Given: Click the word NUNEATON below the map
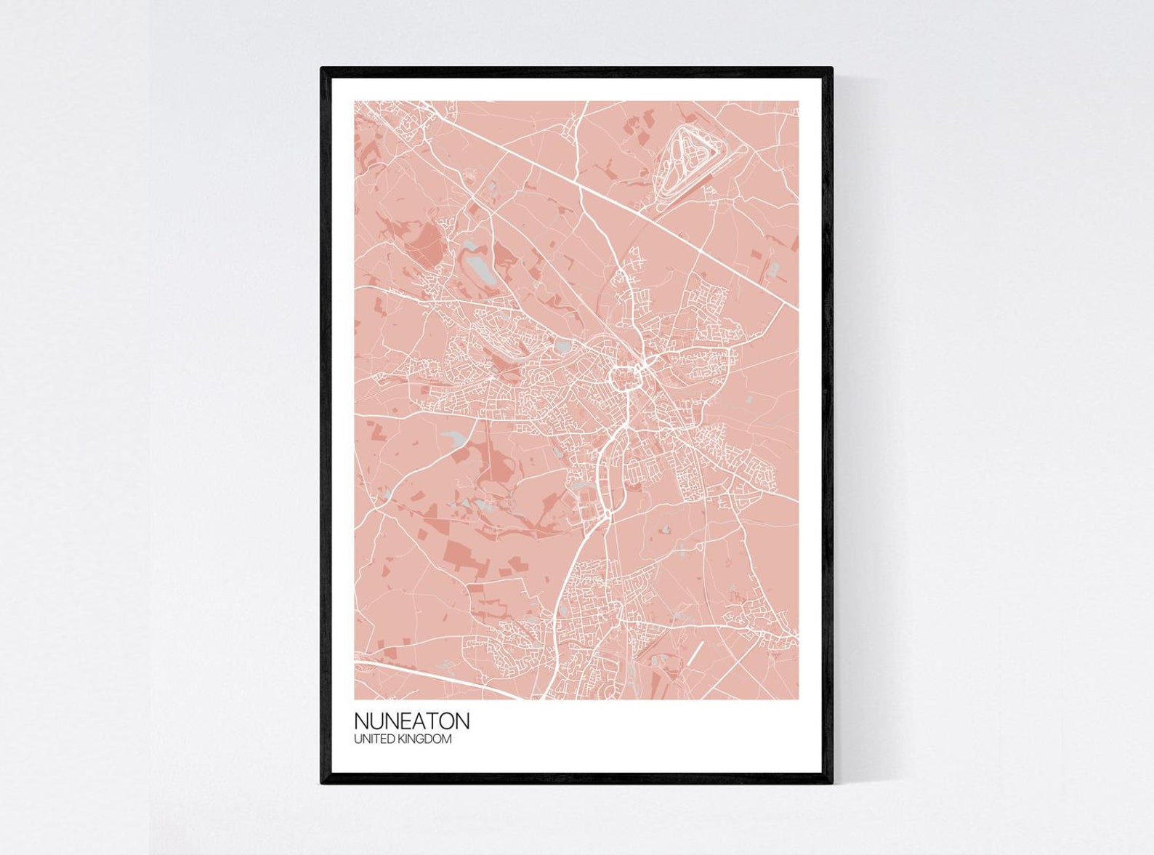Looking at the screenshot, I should [x=411, y=720].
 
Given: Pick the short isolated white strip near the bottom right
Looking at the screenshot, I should [x=696, y=652].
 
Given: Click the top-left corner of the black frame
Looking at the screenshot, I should [x=323, y=69].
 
